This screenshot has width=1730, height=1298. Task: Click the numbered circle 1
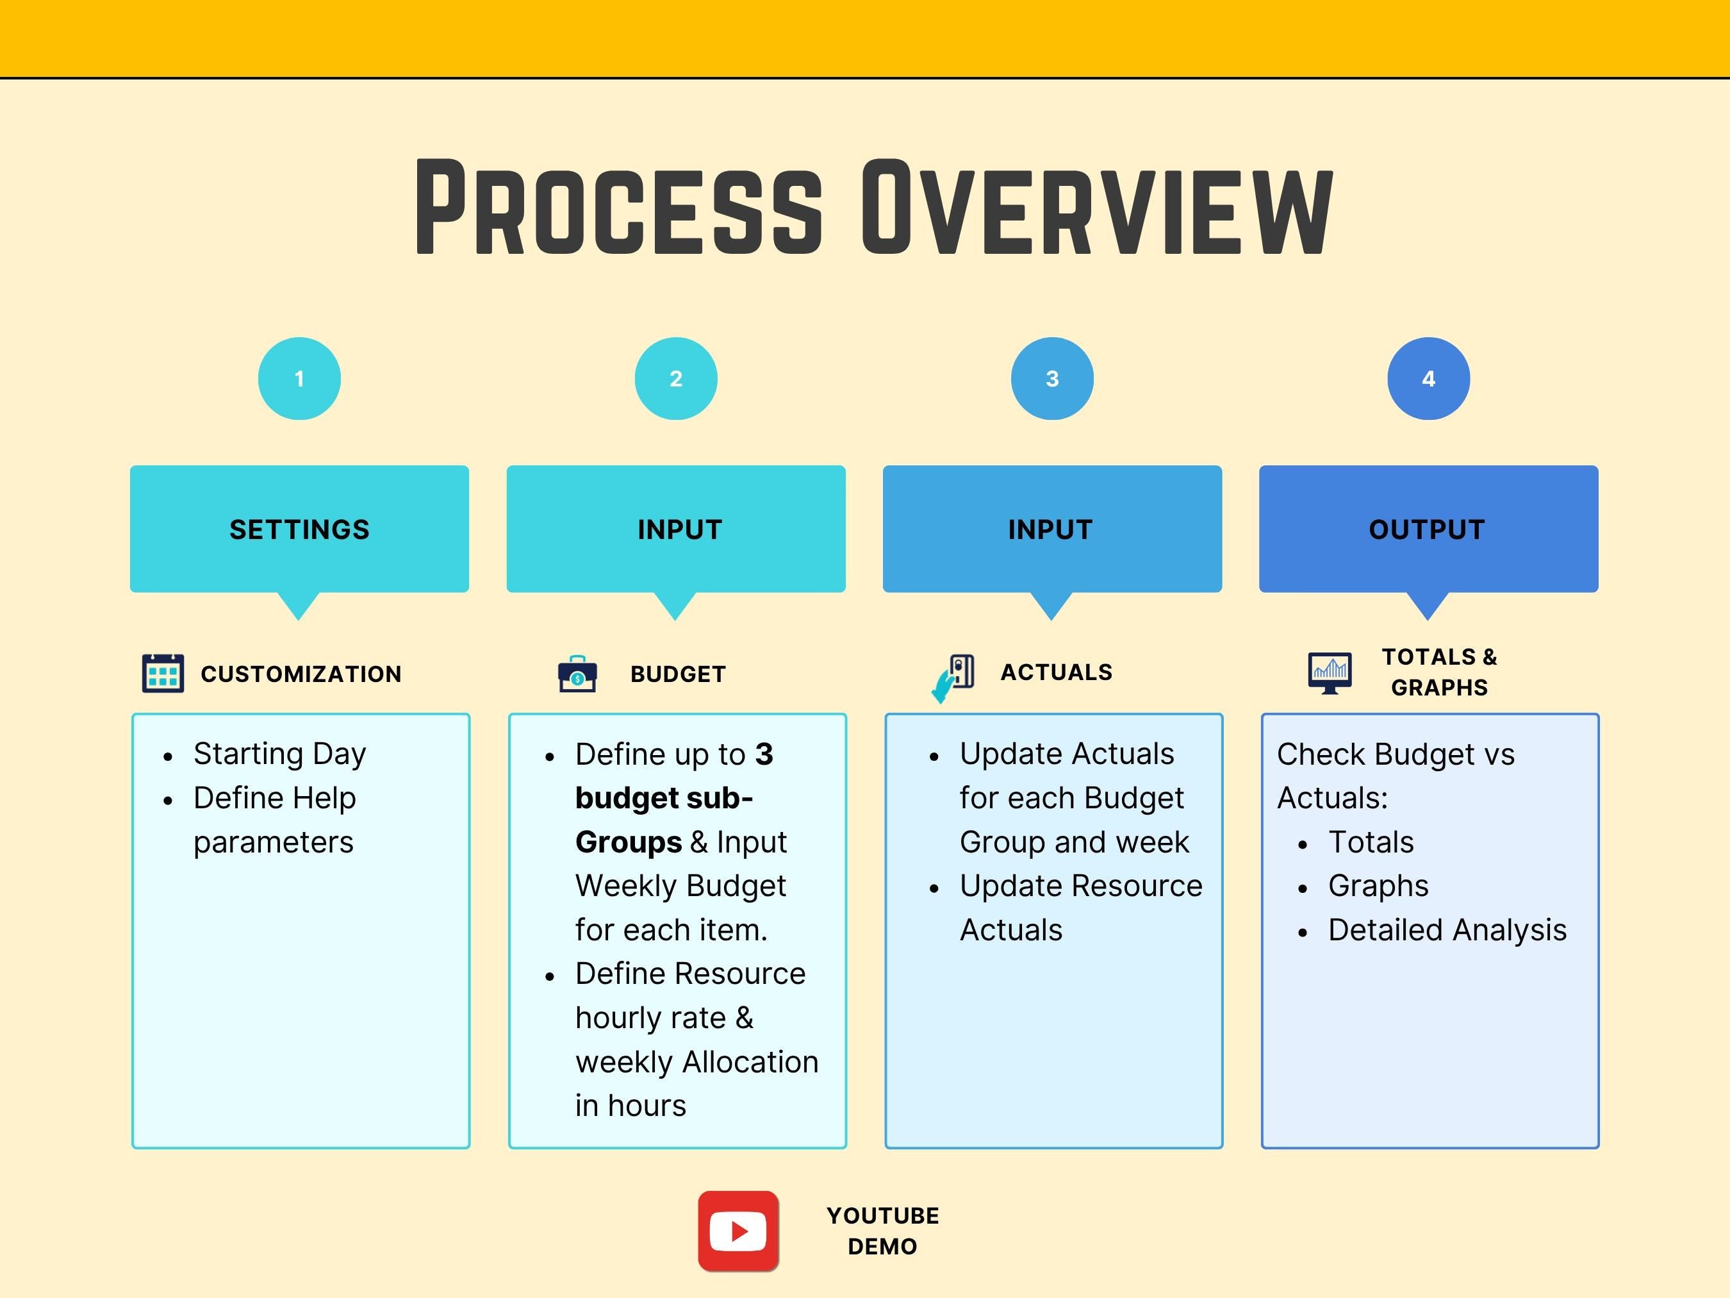299,379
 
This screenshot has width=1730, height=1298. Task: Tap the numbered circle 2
676,379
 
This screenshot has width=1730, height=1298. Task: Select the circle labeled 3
1052,379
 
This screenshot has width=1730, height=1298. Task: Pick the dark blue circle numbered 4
1428,379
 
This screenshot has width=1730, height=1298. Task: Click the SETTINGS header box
299,529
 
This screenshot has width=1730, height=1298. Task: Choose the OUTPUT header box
1428,529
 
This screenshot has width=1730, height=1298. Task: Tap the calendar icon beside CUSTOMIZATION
163,673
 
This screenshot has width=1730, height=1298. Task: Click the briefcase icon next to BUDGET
577,674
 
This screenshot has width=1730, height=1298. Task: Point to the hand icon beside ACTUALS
953,678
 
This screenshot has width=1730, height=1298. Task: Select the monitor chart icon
1330,673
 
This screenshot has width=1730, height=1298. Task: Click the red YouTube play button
738,1231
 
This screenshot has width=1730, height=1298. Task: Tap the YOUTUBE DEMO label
883,1231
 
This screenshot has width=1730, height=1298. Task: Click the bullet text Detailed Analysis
1447,929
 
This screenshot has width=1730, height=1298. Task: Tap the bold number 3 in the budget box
764,754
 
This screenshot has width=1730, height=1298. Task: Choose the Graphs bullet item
1378,886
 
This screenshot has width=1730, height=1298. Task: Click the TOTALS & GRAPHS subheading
1439,672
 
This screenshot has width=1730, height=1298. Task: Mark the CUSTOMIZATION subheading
301,674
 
